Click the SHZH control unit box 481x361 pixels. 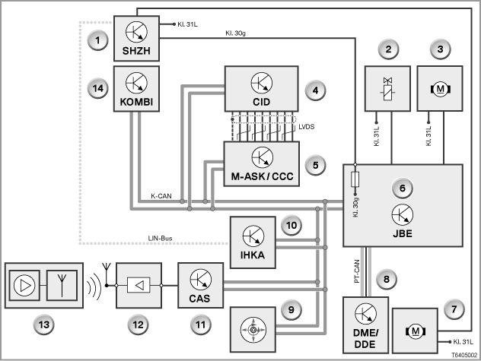click(136, 39)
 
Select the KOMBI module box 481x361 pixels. click(136, 89)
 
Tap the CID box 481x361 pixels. click(261, 89)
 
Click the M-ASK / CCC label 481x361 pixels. click(262, 176)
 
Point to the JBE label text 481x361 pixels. click(403, 233)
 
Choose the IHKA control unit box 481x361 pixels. click(253, 242)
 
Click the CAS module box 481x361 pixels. click(201, 285)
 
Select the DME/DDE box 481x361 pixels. click(365, 325)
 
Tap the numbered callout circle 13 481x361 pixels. click(44, 325)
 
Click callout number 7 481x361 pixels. click(454, 309)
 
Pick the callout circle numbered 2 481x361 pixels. click(388, 49)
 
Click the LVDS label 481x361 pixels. click(307, 127)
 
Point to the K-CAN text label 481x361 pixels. click(161, 196)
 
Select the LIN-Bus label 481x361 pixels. click(160, 238)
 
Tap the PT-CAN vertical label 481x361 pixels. click(357, 271)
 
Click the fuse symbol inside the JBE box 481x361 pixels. click(355, 179)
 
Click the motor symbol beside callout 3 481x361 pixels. click(440, 89)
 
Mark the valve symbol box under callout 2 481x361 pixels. click(387, 89)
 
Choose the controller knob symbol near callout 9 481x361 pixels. click(253, 330)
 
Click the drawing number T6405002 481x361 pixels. click(464, 355)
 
